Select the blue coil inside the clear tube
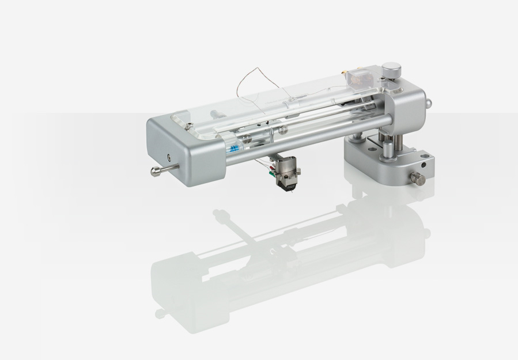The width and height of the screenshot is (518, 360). pyautogui.click(x=233, y=149)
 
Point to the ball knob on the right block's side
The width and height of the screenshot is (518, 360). pyautogui.click(x=429, y=103)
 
